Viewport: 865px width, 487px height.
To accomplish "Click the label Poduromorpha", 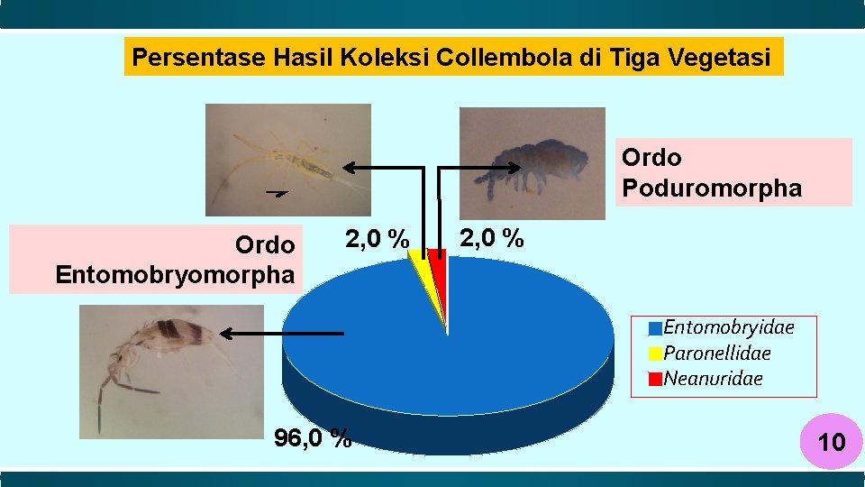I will tap(711, 188).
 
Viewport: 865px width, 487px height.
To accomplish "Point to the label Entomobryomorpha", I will tap(175, 274).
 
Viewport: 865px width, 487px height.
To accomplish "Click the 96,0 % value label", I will tap(313, 439).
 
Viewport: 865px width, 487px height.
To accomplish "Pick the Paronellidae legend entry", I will tap(716, 353).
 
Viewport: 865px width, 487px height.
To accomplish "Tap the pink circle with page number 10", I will tap(830, 442).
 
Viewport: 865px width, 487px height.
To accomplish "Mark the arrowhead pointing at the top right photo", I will tap(518, 167).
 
